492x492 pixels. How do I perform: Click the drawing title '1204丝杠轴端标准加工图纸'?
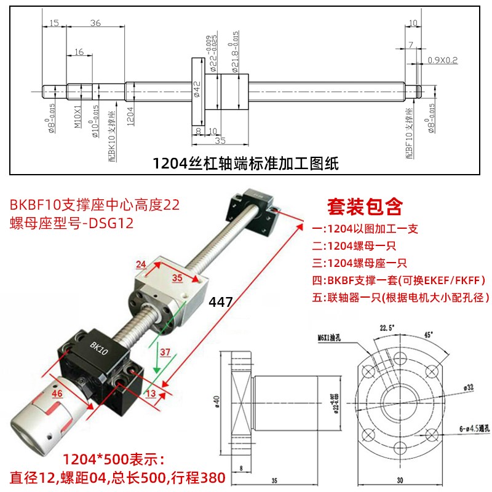246,164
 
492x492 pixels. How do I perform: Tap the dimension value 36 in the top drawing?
95,23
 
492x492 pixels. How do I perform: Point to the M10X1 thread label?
78,116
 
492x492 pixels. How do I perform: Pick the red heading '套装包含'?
365,204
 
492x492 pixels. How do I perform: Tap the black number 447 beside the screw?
220,302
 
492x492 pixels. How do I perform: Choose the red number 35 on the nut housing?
177,278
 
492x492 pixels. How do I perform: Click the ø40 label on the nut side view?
216,402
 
